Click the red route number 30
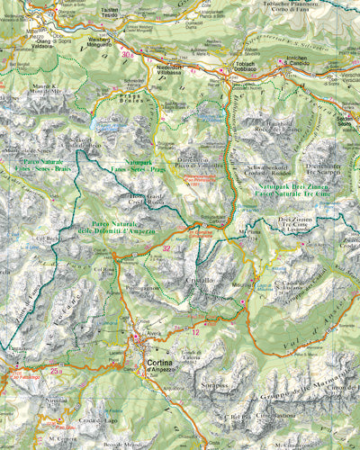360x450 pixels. [128, 55]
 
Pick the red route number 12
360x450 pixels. [195, 332]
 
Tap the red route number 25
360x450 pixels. [56, 371]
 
